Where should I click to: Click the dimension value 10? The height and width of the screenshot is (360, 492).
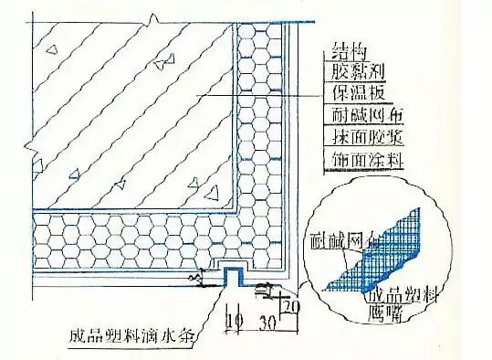point(235,322)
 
